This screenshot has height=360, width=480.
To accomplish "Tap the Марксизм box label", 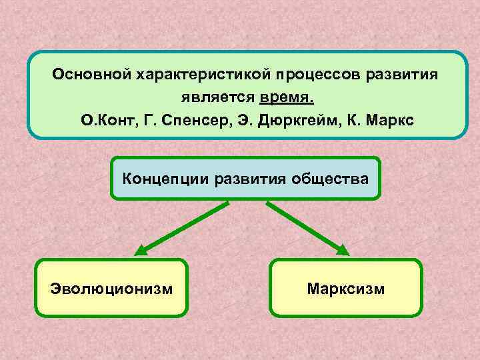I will (x=346, y=289).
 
